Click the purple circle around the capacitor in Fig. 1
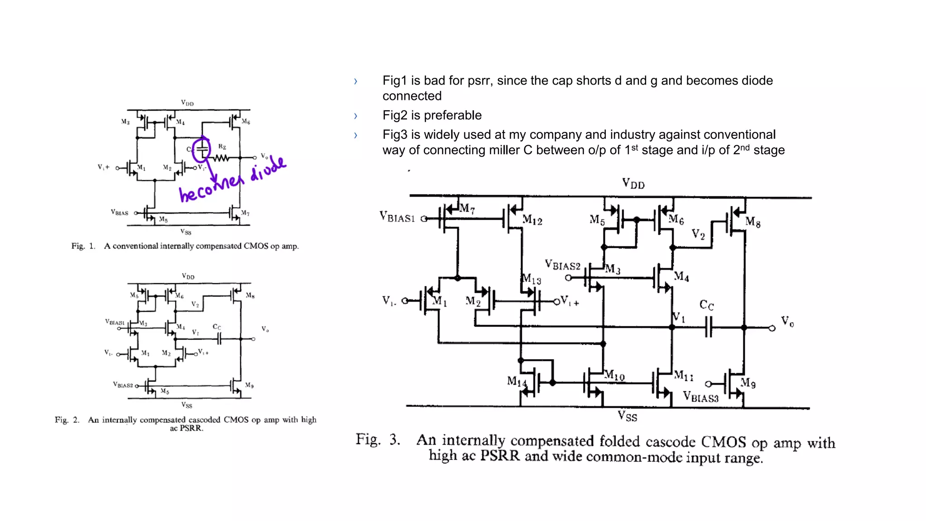201,149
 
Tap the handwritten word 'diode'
268,169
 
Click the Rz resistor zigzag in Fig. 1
222,158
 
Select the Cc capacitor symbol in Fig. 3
708,327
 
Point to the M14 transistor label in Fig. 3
516,382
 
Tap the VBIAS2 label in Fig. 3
562,265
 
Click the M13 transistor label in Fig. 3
531,279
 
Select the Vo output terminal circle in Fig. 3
772,328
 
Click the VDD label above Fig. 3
633,184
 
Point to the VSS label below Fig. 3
628,416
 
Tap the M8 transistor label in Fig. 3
753,222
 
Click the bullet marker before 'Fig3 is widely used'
356,135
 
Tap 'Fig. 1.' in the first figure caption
83,246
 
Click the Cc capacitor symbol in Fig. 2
219,338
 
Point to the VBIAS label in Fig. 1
119,213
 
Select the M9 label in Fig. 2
249,385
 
